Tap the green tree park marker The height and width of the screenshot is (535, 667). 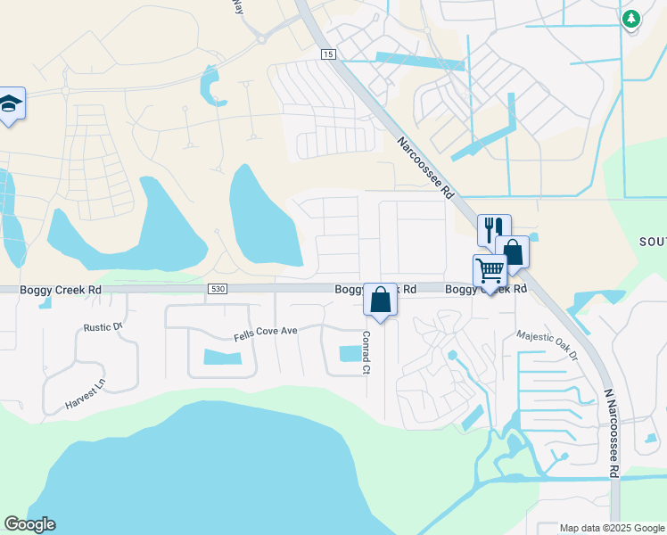(x=631, y=18)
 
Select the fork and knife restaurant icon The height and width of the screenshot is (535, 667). (x=494, y=230)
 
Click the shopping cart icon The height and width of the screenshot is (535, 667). (x=490, y=269)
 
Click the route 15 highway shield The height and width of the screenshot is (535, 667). (x=329, y=55)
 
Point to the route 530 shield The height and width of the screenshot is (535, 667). (x=218, y=290)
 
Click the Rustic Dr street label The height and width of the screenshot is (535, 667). (x=103, y=327)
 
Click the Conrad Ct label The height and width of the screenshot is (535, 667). (x=366, y=352)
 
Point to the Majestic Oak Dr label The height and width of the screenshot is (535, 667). (x=548, y=345)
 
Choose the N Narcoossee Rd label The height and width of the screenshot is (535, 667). (x=611, y=434)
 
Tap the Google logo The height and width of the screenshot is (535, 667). (x=29, y=524)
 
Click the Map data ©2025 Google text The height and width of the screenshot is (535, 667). (x=611, y=528)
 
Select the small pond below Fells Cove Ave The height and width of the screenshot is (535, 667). (x=223, y=358)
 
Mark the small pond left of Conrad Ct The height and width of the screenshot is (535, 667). (x=349, y=353)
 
